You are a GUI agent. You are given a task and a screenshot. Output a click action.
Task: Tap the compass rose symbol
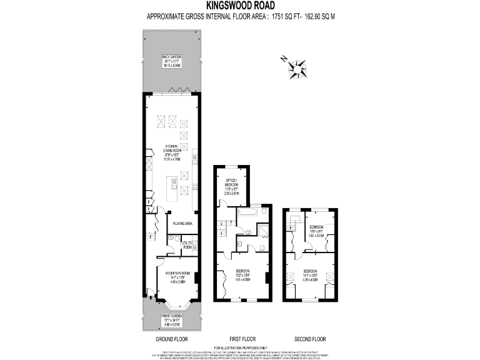[x=297, y=67]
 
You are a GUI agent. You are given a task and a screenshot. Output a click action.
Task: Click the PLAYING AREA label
[x=182, y=222]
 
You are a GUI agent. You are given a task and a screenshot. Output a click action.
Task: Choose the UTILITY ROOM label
[x=187, y=244]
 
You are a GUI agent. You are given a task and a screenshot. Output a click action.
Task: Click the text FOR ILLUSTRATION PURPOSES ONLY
[x=240, y=347]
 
